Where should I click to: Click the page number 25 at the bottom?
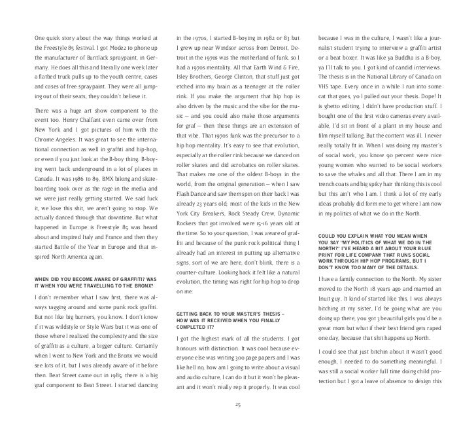239,404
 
